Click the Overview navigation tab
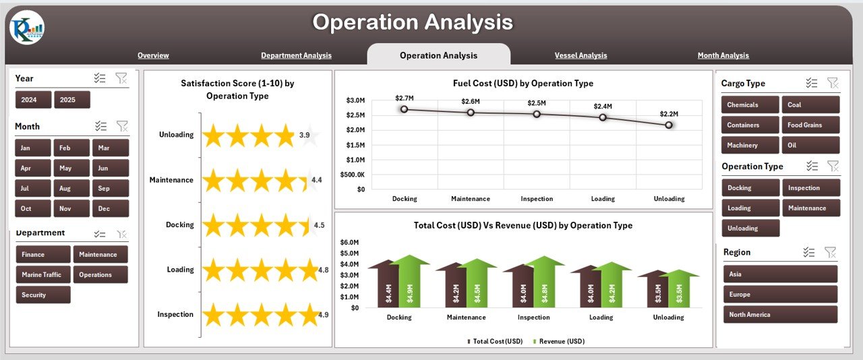[153, 55]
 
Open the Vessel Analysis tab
[581, 55]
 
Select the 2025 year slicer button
[71, 100]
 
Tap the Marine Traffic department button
[42, 274]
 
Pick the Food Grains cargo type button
[810, 125]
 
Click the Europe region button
[780, 295]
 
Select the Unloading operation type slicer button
[750, 228]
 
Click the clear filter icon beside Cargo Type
[833, 83]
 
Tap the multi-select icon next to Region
[809, 252]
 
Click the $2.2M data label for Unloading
[669, 114]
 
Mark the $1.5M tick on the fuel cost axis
[355, 145]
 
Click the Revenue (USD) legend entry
[559, 342]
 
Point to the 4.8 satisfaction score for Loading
[324, 270]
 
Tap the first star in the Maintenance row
[213, 180]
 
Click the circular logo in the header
[27, 28]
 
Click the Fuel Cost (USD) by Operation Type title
[523, 84]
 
